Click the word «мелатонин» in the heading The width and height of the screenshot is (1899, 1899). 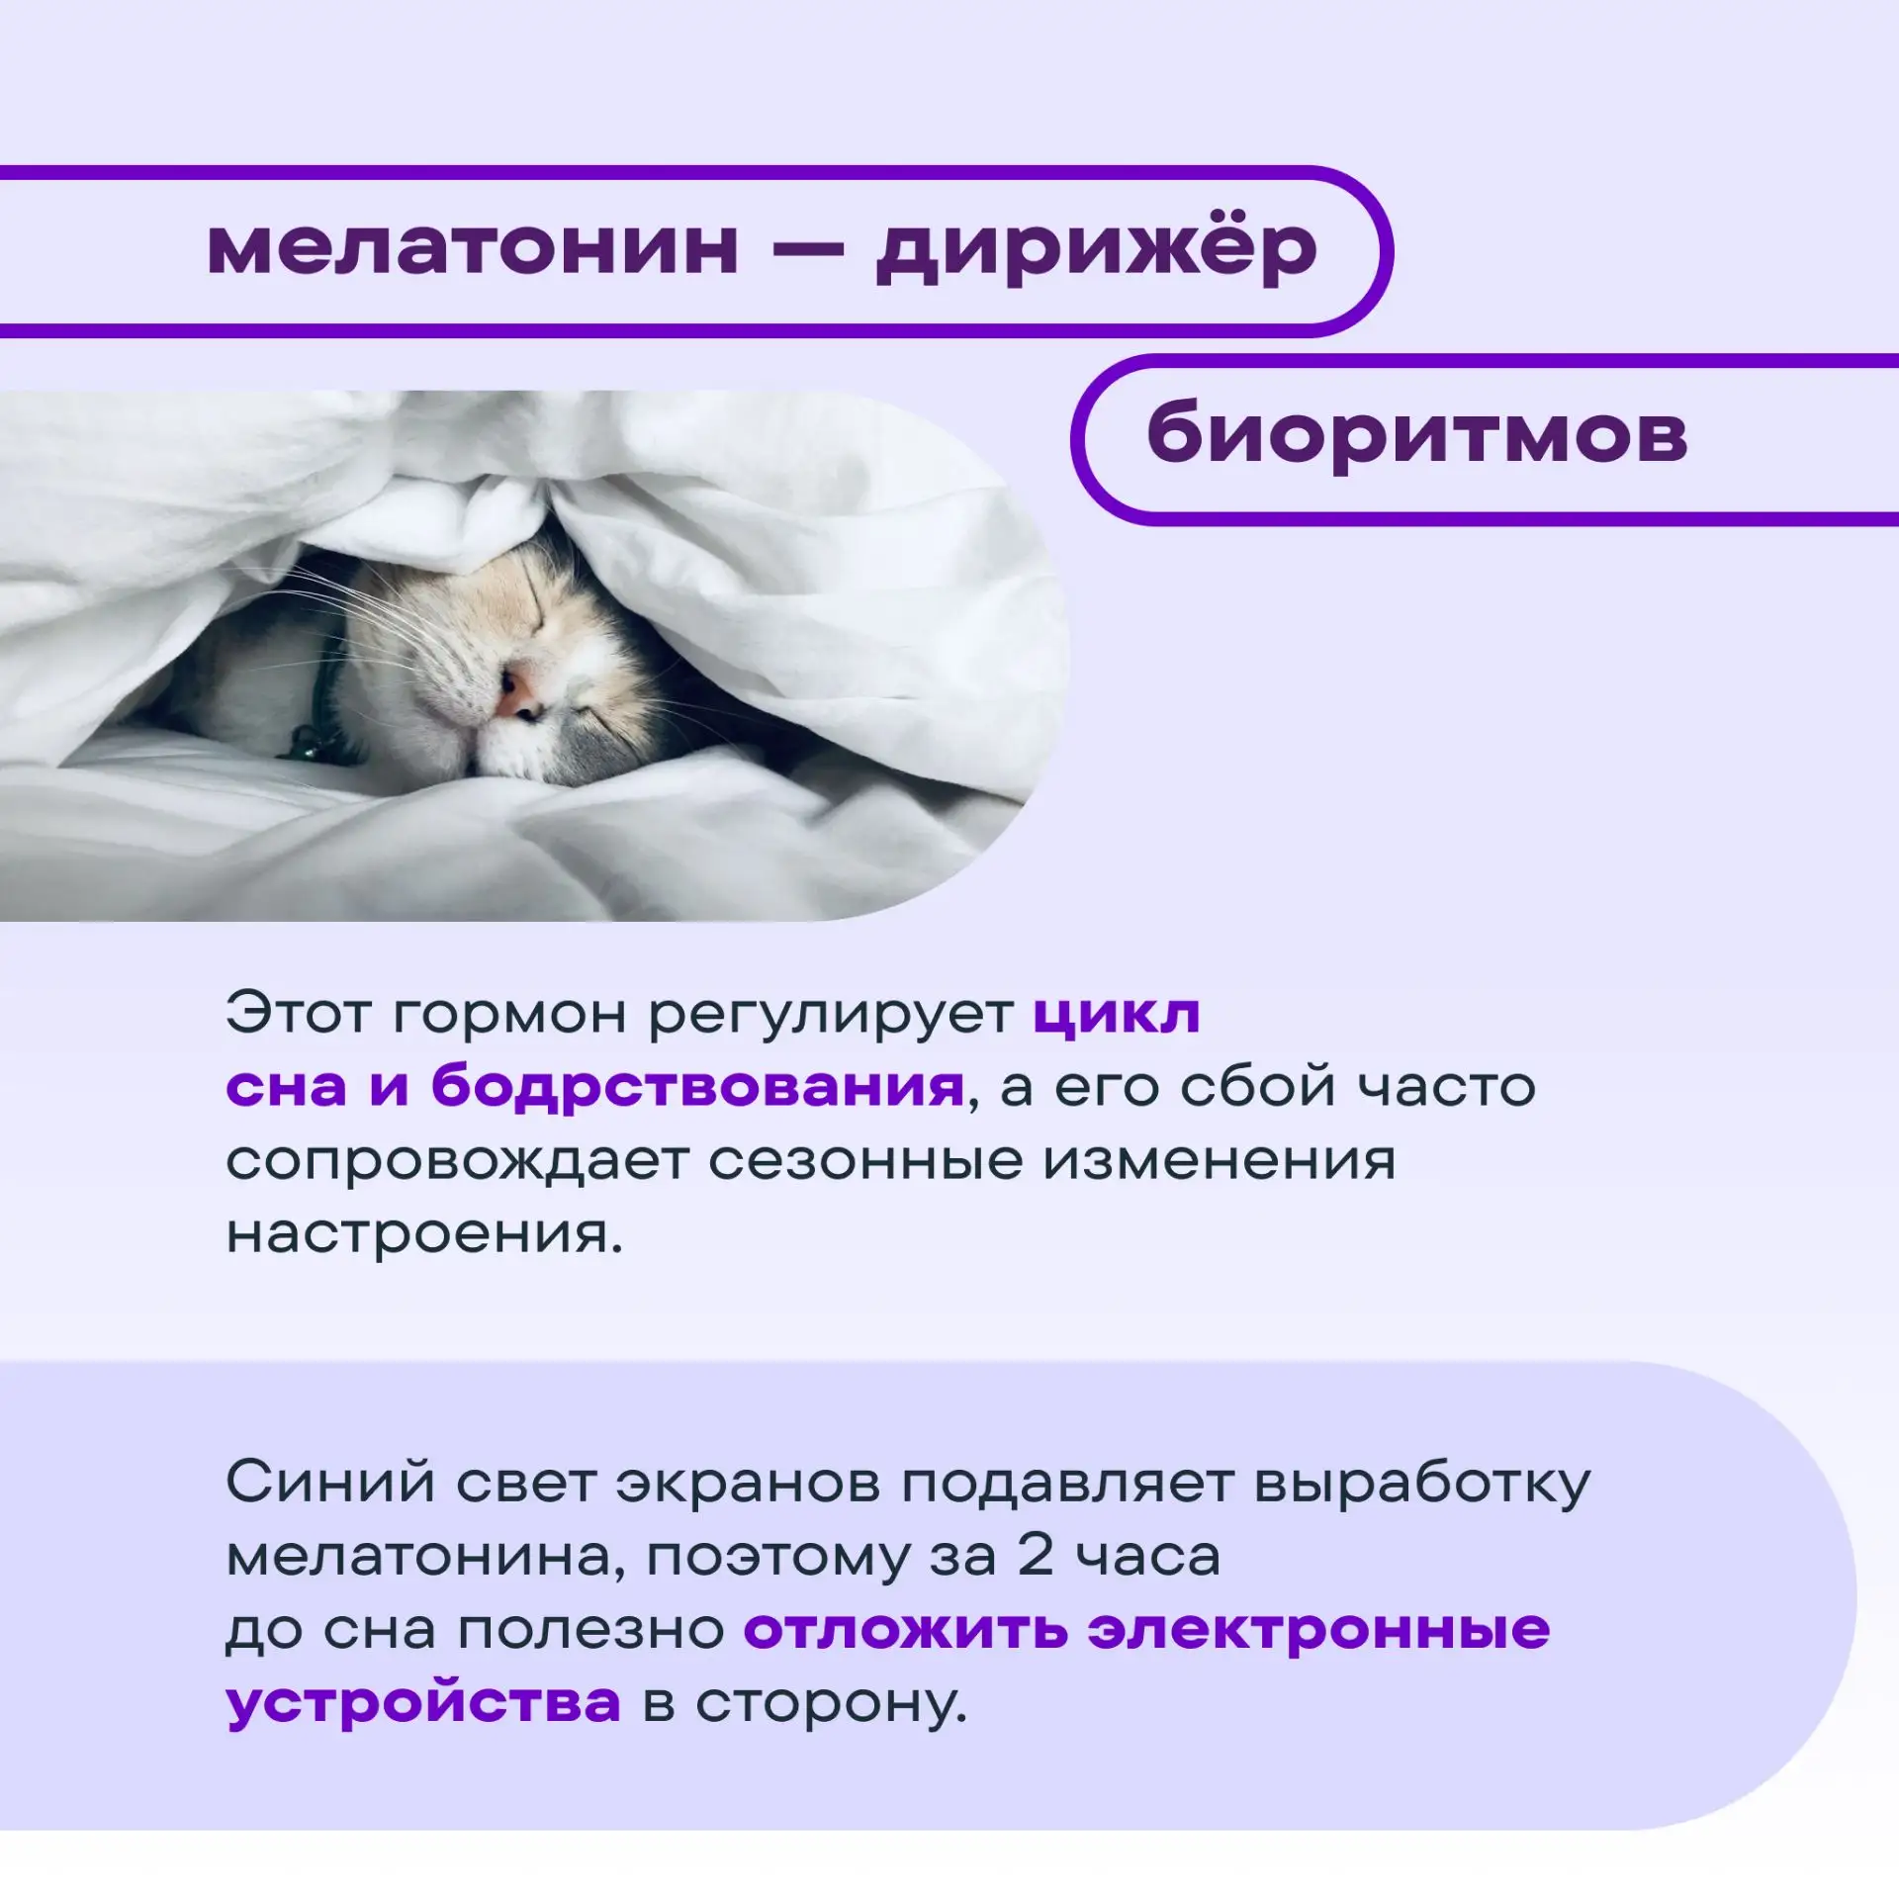point(473,248)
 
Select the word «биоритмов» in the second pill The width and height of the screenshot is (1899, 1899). point(1416,435)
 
